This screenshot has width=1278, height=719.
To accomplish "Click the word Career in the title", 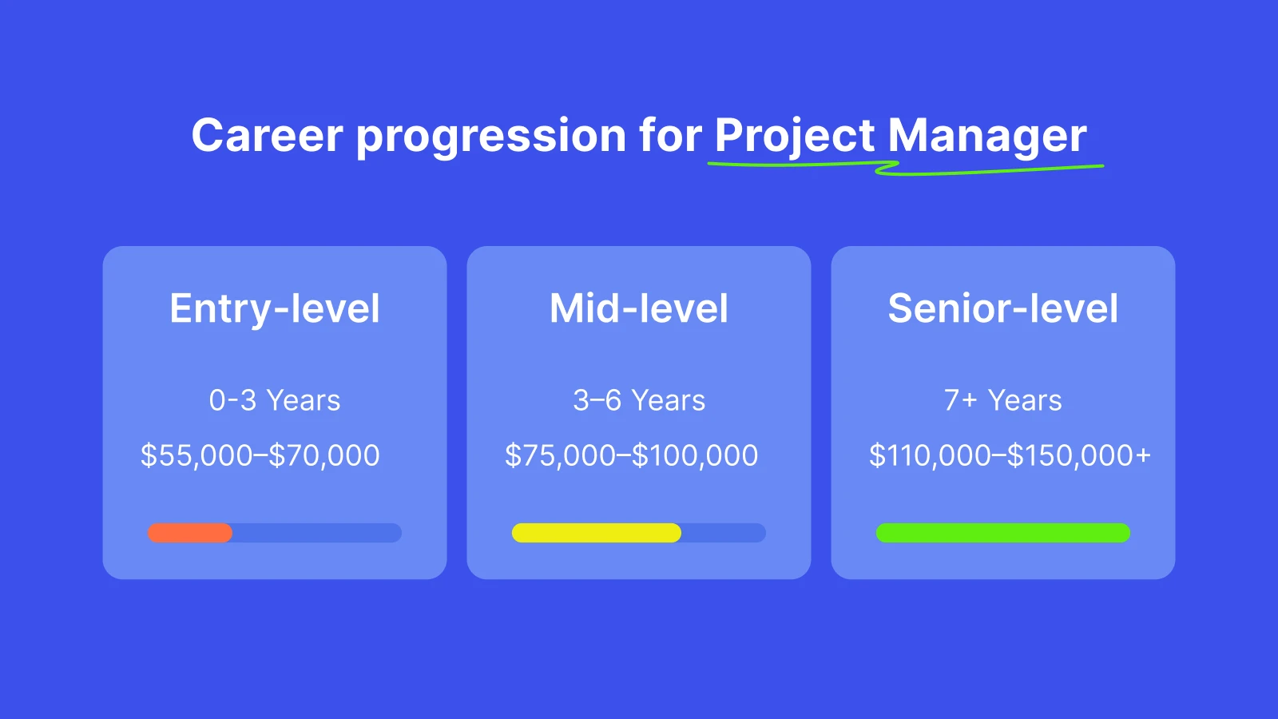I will (x=267, y=135).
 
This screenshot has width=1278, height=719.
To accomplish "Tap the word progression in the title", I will (x=490, y=137).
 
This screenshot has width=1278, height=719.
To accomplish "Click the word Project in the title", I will (x=795, y=137).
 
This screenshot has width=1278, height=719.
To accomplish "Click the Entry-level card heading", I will (x=275, y=308).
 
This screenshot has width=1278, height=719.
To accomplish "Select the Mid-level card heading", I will (x=639, y=308).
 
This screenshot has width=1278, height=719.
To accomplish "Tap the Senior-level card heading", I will (x=1002, y=308).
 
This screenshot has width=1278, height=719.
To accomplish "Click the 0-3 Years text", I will (x=275, y=400).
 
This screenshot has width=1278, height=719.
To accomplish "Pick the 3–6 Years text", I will (x=639, y=400).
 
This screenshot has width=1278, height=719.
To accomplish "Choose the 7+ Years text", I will (x=1002, y=400).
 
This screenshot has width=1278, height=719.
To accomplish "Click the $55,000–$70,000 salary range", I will (x=260, y=455).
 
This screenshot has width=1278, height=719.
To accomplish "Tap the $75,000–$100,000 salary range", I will (x=631, y=455).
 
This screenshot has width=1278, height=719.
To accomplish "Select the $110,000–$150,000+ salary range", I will (x=1010, y=455).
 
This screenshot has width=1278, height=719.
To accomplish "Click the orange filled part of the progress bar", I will (x=190, y=533).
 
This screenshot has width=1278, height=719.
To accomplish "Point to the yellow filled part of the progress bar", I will (x=596, y=533).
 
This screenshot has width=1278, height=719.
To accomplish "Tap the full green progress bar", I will (x=1002, y=533).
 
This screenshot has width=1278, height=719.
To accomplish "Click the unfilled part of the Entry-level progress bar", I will (x=316, y=533).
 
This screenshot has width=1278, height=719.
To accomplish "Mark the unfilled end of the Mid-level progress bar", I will (x=724, y=533).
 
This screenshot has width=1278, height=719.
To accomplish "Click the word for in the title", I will (x=670, y=135).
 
